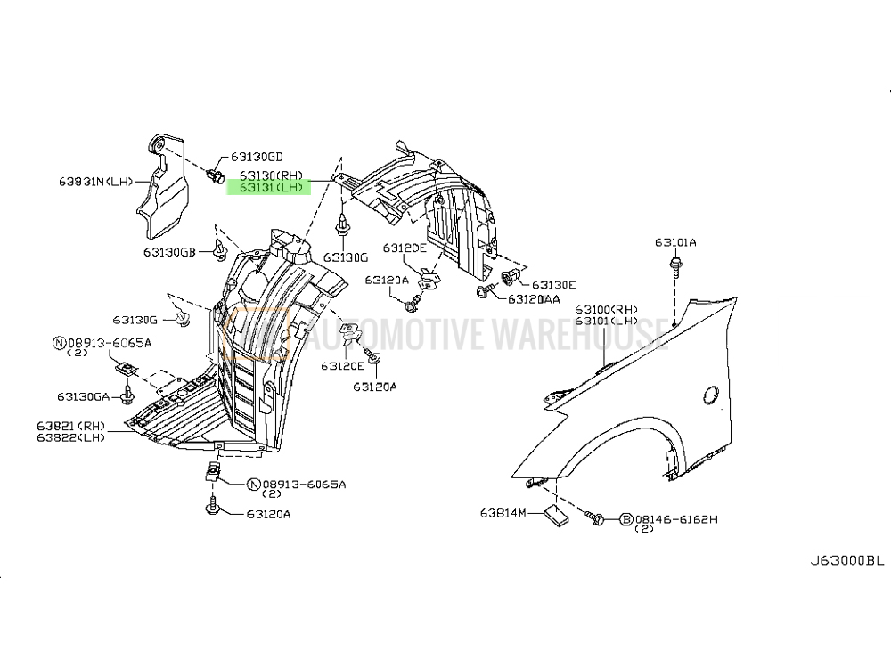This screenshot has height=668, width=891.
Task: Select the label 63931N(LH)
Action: click(95, 182)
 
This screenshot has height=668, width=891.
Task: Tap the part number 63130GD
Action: click(257, 157)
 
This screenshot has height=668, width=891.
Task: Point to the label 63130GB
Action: click(169, 251)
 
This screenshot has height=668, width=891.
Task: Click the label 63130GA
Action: click(83, 396)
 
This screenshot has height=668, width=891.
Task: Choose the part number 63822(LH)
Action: click(71, 437)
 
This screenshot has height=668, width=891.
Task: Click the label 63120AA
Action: click(534, 298)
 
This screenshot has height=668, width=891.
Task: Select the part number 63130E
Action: click(553, 285)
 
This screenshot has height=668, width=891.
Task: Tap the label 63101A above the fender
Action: click(675, 242)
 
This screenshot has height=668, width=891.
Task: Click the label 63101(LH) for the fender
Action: click(606, 321)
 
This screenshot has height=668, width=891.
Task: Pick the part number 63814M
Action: click(503, 513)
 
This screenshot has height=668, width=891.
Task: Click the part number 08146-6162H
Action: click(677, 518)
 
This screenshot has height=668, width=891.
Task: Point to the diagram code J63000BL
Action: click(847, 560)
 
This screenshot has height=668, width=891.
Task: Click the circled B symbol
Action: click(625, 519)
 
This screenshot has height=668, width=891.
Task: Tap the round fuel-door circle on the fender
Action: click(710, 395)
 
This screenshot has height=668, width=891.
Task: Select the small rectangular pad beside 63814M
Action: click(554, 514)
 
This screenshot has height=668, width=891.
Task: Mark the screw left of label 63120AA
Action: click(483, 291)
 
